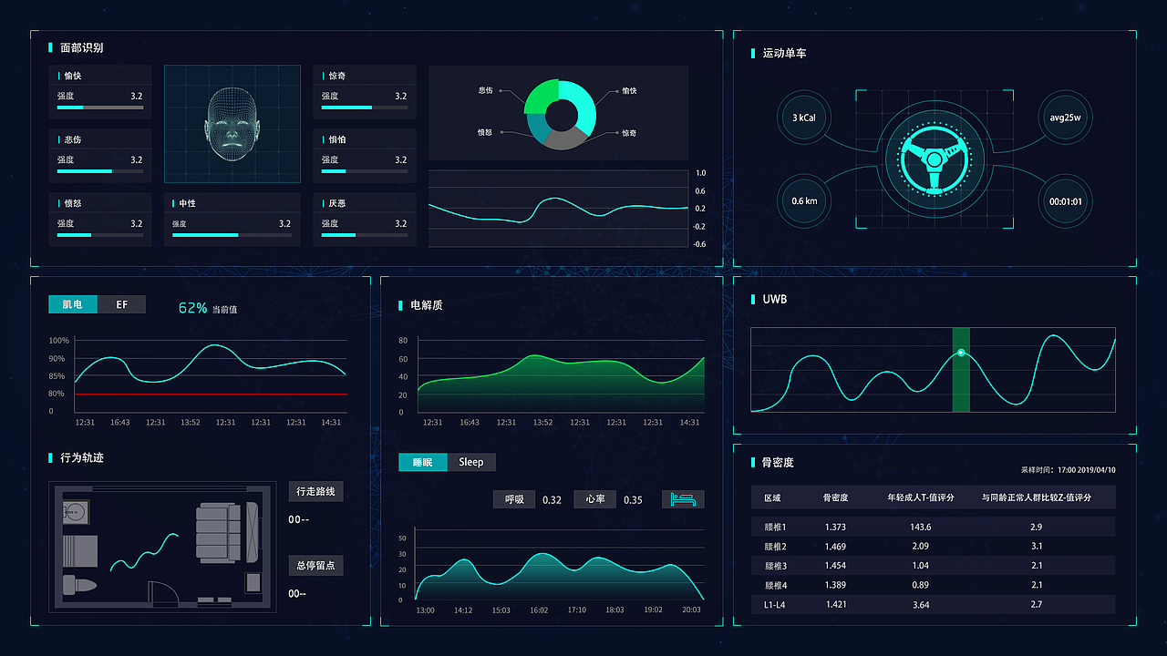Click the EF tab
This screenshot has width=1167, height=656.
click(x=121, y=304)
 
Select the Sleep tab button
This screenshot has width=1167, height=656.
click(x=471, y=462)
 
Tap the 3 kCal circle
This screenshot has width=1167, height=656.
click(x=804, y=118)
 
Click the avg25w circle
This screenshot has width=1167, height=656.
click(x=1065, y=118)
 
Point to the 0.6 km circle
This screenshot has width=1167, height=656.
click(x=804, y=201)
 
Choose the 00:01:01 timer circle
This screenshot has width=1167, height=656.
click(x=1065, y=201)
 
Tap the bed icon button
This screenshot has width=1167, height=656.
click(x=683, y=499)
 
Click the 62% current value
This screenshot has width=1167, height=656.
click(x=192, y=308)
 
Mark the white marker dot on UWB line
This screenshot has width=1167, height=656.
click(x=961, y=353)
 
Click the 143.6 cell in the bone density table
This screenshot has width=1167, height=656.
click(x=921, y=527)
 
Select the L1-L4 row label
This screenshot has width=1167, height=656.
click(x=774, y=605)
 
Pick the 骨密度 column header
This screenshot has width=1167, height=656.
click(x=835, y=497)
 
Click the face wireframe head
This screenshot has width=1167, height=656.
click(x=232, y=124)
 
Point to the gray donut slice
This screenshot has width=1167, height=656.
click(x=563, y=138)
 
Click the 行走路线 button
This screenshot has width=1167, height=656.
click(x=315, y=491)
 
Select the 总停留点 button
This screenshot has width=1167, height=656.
click(x=315, y=566)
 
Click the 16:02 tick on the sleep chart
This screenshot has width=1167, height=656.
click(x=539, y=610)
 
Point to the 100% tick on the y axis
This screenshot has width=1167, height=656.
click(x=58, y=341)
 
